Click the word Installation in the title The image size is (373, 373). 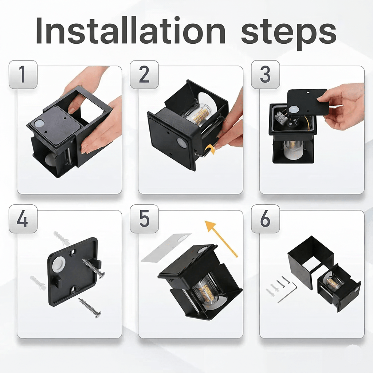click(x=130, y=31)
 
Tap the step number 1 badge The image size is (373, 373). click(x=23, y=74)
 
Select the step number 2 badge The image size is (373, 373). click(x=144, y=74)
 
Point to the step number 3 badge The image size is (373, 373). click(x=266, y=74)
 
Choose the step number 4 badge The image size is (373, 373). click(x=23, y=219)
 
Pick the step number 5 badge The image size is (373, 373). click(x=144, y=219)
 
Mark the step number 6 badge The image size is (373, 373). click(x=266, y=219)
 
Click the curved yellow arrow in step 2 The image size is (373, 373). click(x=210, y=149)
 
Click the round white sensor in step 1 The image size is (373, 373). click(x=39, y=124)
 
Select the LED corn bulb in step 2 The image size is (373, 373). click(x=197, y=114)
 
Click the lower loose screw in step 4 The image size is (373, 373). click(x=90, y=308)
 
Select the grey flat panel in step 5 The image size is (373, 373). click(x=166, y=248)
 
